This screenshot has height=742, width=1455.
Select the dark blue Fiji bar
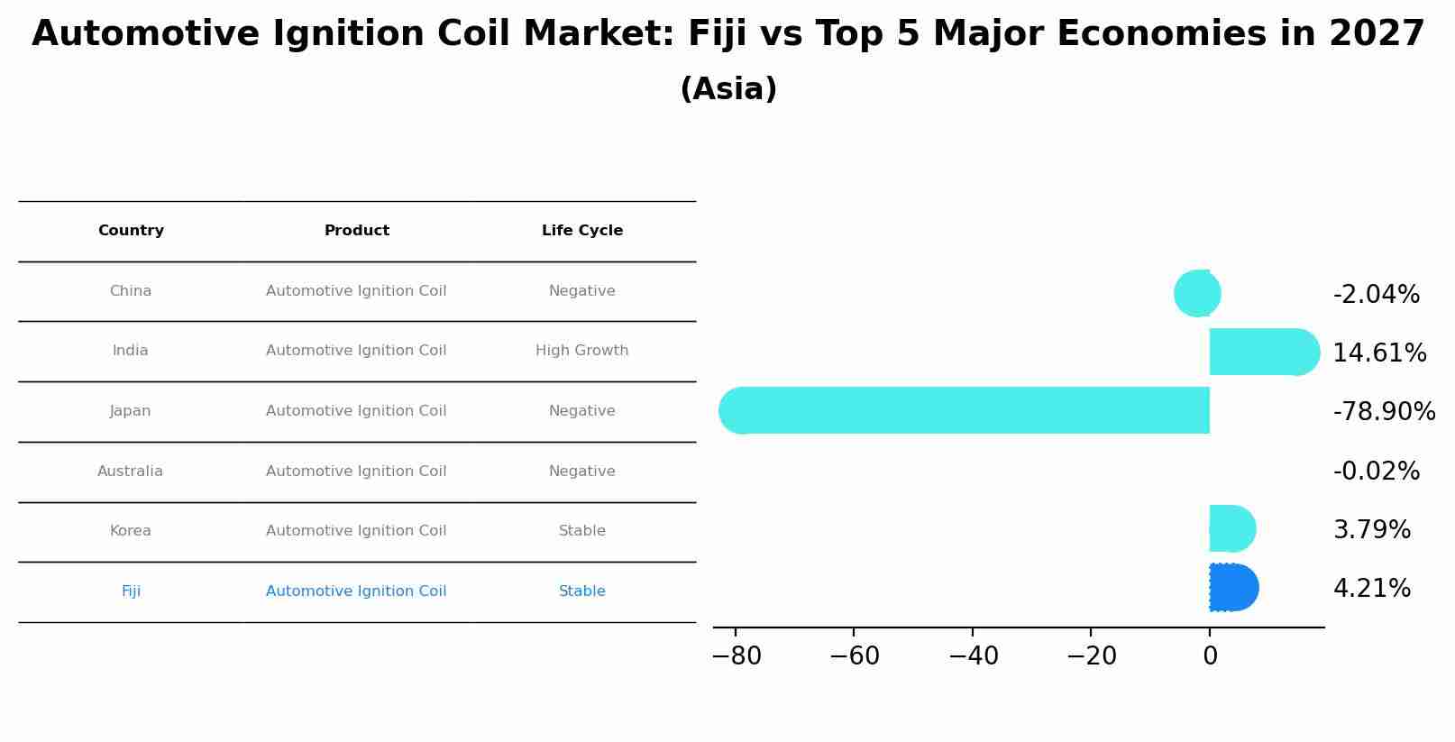pyautogui.click(x=1232, y=588)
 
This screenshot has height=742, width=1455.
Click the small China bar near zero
pyautogui.click(x=1198, y=293)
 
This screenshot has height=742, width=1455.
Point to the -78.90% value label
pyautogui.click(x=1384, y=412)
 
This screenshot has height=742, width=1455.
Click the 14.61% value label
pyautogui.click(x=1379, y=353)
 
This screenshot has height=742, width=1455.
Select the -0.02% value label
pyautogui.click(x=1377, y=472)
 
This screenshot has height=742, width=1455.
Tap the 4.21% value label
pyautogui.click(x=1372, y=589)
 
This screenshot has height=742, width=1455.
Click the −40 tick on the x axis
pyautogui.click(x=974, y=656)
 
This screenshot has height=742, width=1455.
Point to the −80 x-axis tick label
pyautogui.click(x=737, y=656)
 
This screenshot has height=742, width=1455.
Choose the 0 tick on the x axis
pyautogui.click(x=1210, y=656)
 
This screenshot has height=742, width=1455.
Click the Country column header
pyautogui.click(x=131, y=231)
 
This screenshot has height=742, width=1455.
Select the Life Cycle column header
pyautogui.click(x=582, y=231)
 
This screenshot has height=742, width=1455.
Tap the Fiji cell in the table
pyautogui.click(x=131, y=591)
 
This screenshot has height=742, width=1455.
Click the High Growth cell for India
pyautogui.click(x=582, y=351)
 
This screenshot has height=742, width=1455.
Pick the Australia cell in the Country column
pyautogui.click(x=131, y=472)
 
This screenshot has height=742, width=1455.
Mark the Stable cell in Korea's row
pyautogui.click(x=582, y=531)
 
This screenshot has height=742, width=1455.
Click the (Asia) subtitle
pyautogui.click(x=728, y=89)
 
